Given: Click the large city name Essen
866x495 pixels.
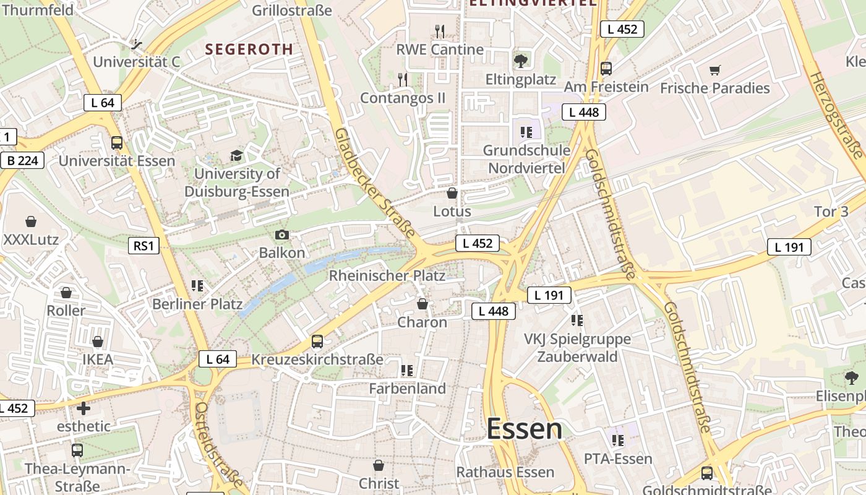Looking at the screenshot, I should pos(524,429).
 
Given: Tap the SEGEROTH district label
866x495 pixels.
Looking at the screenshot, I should pos(249,49).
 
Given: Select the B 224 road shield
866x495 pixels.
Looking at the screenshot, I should pos(23,161).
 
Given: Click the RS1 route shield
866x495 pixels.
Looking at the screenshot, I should pos(143,246).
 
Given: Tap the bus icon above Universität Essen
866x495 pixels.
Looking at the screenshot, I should pos(116,143).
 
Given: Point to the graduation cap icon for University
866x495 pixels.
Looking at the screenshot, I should pos(236,155).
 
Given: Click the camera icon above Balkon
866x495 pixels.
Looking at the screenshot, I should pos(281,235).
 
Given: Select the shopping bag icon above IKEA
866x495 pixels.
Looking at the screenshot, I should pos(97,342).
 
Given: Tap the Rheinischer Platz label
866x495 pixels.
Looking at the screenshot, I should pos(387,275).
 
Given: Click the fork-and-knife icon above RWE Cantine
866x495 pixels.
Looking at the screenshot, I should pos(440,31).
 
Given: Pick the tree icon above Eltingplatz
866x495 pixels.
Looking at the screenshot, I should pos(520,61).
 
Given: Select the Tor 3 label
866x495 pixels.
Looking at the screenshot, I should pos(831,212).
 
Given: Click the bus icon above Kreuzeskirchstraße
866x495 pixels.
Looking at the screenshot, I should pos(317,341).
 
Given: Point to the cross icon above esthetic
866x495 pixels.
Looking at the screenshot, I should pos(84,408).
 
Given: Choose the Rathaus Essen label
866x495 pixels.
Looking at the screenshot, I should pos(505,472).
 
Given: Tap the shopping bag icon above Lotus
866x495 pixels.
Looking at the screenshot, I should pos(452,193).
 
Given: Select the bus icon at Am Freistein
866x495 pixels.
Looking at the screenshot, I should pos(606,68).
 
